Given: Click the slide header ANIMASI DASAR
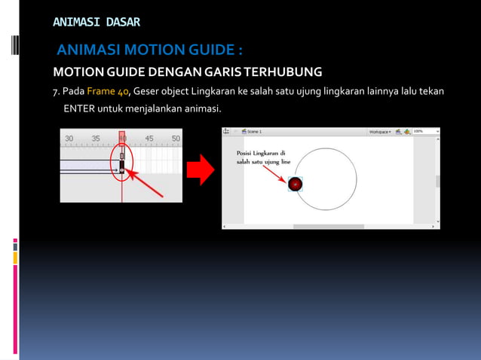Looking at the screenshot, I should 97,22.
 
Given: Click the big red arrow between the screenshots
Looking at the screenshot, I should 201,171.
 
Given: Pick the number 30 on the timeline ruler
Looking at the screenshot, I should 69,139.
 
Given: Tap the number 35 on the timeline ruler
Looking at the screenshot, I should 96,139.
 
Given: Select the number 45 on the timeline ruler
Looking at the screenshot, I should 149,139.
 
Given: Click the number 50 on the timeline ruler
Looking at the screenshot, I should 176,139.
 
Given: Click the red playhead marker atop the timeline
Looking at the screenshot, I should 122,136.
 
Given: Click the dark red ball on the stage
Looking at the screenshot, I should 296,184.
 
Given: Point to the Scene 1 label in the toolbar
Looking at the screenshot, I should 254,132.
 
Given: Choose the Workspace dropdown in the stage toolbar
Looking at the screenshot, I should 379,132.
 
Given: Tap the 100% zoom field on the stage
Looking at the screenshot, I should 422,132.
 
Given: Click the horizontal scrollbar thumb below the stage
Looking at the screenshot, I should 328,226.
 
